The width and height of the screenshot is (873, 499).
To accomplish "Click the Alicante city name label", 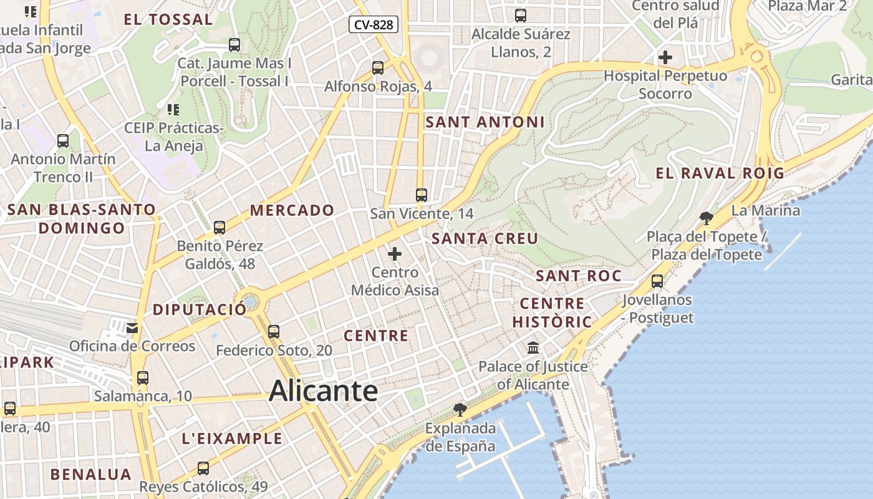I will [323, 391].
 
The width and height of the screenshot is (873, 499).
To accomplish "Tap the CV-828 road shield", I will [373, 24].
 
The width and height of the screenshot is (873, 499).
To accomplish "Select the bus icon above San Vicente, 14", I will [422, 195].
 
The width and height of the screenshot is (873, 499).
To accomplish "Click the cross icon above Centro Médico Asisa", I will [395, 254].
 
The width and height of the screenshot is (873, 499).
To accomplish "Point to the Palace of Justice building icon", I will [533, 347].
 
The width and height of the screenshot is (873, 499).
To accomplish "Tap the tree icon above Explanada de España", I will [460, 409].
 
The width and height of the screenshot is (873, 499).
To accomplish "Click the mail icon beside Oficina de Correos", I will [132, 327].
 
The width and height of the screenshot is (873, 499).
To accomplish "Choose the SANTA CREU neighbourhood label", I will [485, 238].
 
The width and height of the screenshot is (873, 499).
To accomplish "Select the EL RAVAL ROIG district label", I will [720, 173].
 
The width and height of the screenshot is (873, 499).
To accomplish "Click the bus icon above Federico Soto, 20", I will [274, 332].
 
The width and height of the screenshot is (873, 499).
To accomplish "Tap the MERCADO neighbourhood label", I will [292, 210].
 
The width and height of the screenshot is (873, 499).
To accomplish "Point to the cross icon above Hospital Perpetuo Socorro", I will [665, 57].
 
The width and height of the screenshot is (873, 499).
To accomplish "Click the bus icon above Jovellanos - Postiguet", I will [657, 281].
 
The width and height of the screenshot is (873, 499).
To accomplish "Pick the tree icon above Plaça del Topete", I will [707, 218].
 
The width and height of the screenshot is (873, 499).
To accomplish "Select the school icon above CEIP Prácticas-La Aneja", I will [173, 110].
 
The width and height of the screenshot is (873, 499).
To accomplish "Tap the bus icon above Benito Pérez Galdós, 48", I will [219, 228].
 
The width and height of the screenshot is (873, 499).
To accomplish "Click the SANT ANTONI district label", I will [485, 122].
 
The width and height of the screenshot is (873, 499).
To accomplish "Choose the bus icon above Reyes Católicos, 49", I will [203, 468].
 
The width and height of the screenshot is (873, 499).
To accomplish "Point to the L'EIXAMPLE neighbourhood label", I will [232, 438].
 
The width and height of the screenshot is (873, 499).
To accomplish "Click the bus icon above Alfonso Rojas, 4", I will [378, 68].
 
